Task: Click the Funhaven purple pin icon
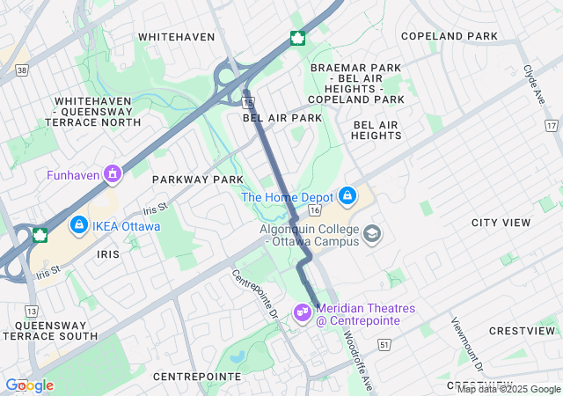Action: [112, 174]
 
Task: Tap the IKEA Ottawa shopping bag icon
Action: [79, 226]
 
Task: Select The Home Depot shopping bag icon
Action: [347, 195]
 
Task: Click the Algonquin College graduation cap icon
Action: [372, 233]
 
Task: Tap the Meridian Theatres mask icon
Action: [303, 312]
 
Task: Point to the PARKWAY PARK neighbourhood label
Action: [197, 180]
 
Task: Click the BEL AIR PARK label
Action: [282, 118]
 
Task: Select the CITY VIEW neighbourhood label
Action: [501, 223]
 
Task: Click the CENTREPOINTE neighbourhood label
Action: [196, 376]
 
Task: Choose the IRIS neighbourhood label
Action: [102, 253]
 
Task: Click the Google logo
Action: [29, 385]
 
